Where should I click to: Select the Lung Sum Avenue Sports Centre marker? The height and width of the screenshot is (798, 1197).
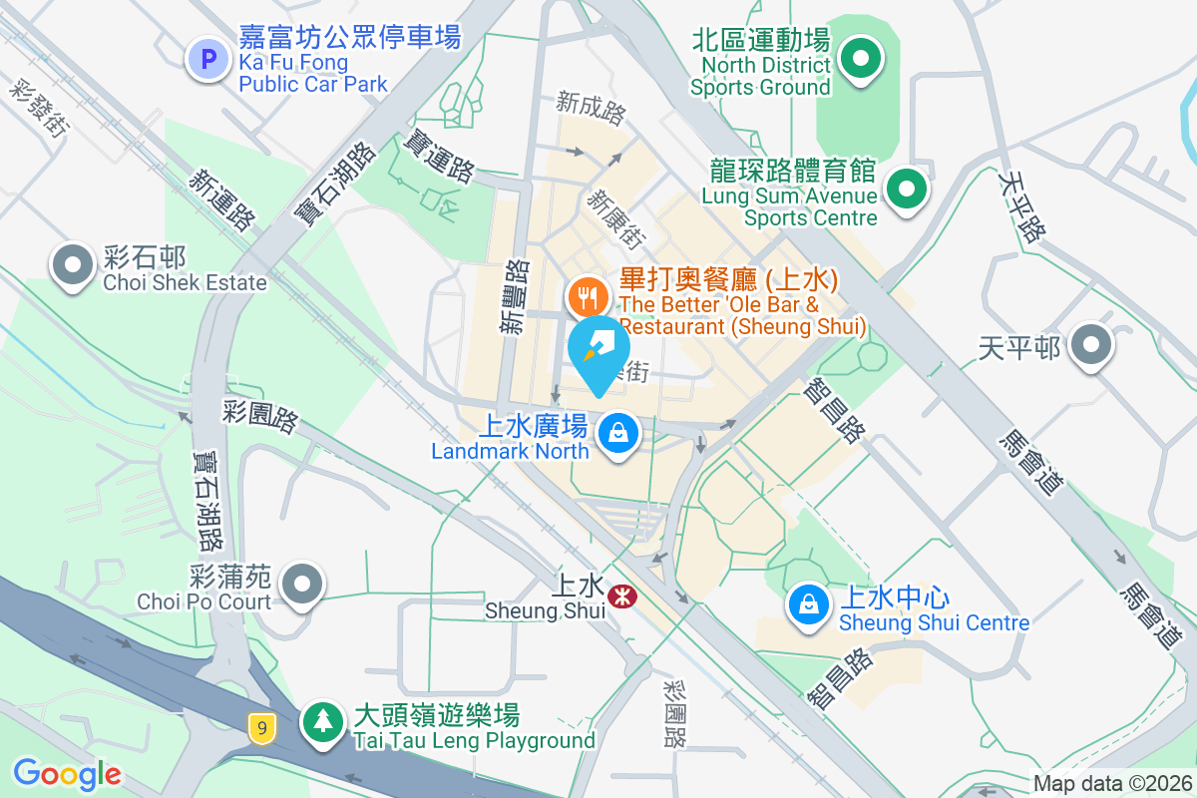click(x=906, y=187)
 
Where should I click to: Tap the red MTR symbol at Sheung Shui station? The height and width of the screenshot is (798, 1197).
click(x=624, y=597)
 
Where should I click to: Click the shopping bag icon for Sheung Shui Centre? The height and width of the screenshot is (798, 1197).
click(x=807, y=604)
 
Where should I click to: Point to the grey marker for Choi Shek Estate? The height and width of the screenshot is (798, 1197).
click(x=73, y=265)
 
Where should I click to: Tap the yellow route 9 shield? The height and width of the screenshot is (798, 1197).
click(x=262, y=728)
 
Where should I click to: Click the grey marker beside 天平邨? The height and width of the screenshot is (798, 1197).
click(x=1091, y=346)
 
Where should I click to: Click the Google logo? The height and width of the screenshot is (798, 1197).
click(x=67, y=773)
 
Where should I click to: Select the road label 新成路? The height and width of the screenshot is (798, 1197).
click(x=592, y=107)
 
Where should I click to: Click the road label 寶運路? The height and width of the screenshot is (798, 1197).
click(x=438, y=157)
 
